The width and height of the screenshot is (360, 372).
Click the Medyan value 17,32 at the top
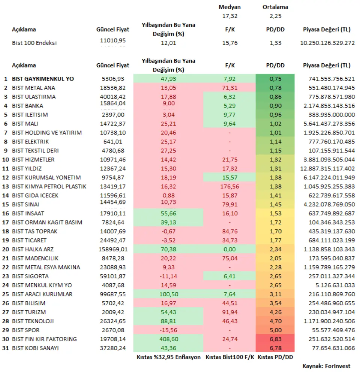(x=229, y=16)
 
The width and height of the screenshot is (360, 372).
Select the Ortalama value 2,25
(x=276, y=16)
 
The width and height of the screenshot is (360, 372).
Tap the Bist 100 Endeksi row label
(x=34, y=43)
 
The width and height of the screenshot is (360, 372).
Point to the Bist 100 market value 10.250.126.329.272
(x=327, y=43)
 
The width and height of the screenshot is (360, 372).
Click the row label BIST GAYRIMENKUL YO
(x=43, y=79)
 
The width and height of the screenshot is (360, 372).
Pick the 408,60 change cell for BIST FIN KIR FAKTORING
(x=168, y=339)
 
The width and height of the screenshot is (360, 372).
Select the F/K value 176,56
(x=229, y=187)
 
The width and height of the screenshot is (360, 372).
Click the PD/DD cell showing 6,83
(x=276, y=339)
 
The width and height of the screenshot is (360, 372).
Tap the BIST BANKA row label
(x=27, y=106)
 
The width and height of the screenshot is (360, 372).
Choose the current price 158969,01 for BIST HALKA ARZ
(x=113, y=249)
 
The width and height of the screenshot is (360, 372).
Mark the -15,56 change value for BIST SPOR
(x=168, y=330)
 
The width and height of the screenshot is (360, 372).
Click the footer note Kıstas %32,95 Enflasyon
(x=169, y=357)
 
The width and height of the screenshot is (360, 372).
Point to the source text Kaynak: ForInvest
(x=327, y=366)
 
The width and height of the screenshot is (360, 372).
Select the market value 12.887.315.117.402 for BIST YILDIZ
(x=327, y=169)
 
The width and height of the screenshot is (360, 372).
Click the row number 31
(x=6, y=348)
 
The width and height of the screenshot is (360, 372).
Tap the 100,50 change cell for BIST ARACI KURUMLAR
(x=168, y=294)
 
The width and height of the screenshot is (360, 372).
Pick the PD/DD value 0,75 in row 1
(x=276, y=79)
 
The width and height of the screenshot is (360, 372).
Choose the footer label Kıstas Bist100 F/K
(x=230, y=357)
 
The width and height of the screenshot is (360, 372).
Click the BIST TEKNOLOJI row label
(x=33, y=321)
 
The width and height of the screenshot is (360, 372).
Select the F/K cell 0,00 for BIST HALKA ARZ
(x=229, y=249)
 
